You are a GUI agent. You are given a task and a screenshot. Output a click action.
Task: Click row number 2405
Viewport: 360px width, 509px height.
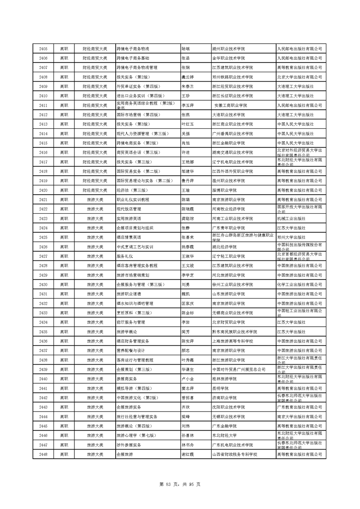pyautogui.click(x=44, y=49)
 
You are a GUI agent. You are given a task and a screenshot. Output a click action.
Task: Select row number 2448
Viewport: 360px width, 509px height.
pyautogui.click(x=44, y=454)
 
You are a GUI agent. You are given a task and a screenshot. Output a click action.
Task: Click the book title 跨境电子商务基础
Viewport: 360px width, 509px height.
pyautogui.click(x=133, y=58)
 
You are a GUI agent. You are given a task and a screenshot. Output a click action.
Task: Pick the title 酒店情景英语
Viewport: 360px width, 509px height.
pyautogui.click(x=129, y=237)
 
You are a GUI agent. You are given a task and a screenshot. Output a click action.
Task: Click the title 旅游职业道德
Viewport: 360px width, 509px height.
pyautogui.click(x=129, y=294)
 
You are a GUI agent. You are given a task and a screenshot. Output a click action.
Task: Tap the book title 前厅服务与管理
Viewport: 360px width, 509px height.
pyautogui.click(x=131, y=322)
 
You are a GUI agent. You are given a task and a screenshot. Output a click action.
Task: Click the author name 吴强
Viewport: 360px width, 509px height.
pyautogui.click(x=185, y=133)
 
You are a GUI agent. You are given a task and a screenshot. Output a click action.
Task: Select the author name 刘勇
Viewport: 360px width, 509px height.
pyautogui.click(x=185, y=284)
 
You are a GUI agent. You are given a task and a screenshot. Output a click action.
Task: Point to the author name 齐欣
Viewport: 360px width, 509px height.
pyautogui.click(x=185, y=407)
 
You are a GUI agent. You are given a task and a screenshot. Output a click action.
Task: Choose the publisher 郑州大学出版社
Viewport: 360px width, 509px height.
pyautogui.click(x=291, y=237)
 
